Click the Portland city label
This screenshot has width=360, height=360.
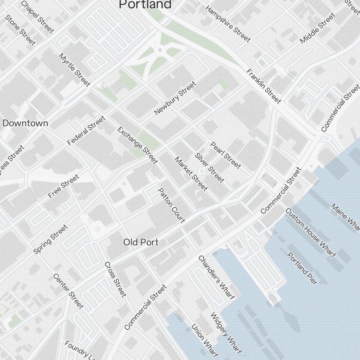point(145,4)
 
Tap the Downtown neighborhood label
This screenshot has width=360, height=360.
point(25,123)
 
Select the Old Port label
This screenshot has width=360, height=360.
point(141,242)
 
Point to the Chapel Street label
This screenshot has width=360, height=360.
point(37,17)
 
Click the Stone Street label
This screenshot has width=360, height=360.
point(20,30)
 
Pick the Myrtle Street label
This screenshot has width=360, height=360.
point(75,70)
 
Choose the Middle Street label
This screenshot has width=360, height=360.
point(317,28)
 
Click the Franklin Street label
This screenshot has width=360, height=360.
point(264,86)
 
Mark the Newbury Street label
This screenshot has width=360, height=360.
point(175,98)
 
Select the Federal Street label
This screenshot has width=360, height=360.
point(86,130)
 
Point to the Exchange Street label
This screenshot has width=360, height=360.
point(138,145)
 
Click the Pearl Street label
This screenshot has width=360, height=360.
point(225,155)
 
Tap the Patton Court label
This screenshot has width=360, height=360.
point(172,205)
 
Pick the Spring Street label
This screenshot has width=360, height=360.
point(50,239)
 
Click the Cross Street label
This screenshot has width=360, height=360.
point(116,279)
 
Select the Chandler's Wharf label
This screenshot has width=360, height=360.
point(216,277)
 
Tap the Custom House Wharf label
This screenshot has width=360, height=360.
point(311,233)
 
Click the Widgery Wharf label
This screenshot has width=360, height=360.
point(226,333)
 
